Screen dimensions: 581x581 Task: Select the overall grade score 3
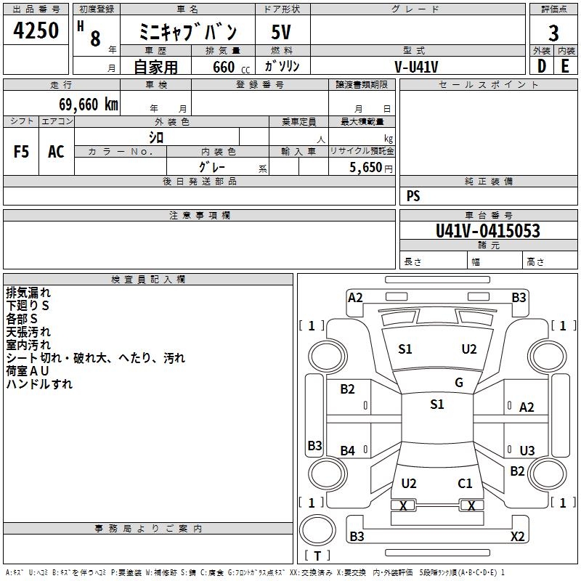tap(553, 33)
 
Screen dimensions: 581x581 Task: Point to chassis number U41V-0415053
tap(487, 231)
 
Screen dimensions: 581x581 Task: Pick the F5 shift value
tap(22, 152)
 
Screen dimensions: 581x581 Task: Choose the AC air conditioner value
tap(56, 152)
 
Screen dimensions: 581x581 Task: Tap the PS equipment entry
tap(413, 196)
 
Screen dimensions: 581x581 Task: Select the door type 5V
tap(282, 33)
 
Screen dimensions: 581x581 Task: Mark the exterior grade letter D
tap(541, 67)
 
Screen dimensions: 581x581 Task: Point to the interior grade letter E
tap(565, 67)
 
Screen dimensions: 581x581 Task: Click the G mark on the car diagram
tap(459, 383)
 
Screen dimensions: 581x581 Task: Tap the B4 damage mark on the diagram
tap(348, 451)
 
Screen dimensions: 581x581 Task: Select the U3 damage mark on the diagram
tap(527, 451)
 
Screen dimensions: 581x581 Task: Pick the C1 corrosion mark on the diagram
tap(465, 483)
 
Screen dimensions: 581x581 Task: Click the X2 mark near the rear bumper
tap(517, 537)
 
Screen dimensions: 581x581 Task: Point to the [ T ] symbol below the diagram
tap(317, 556)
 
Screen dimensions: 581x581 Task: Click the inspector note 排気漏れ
tap(28, 293)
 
